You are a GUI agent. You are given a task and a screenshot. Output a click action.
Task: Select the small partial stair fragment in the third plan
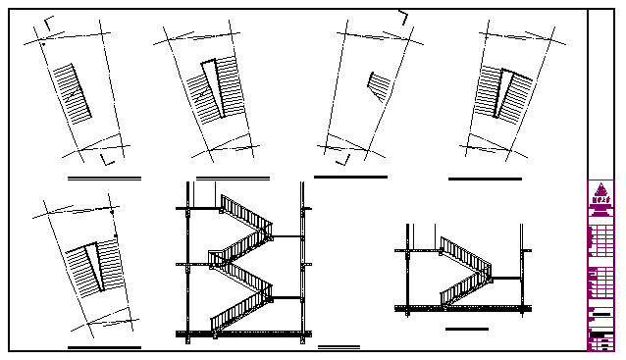[376, 85]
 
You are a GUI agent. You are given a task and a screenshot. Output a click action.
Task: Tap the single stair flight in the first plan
[72, 93]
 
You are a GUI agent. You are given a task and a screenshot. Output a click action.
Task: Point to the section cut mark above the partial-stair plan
[403, 17]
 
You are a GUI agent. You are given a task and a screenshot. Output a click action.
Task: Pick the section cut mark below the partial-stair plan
[342, 158]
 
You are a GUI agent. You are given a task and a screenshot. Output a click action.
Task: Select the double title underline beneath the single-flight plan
[104, 179]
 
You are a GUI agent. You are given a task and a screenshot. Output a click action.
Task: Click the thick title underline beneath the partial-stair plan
[350, 177]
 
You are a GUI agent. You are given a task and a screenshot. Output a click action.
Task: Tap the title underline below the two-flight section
[466, 330]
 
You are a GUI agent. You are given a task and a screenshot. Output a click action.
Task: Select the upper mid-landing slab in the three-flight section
[287, 236]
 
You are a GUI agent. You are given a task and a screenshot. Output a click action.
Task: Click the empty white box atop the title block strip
[600, 93]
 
